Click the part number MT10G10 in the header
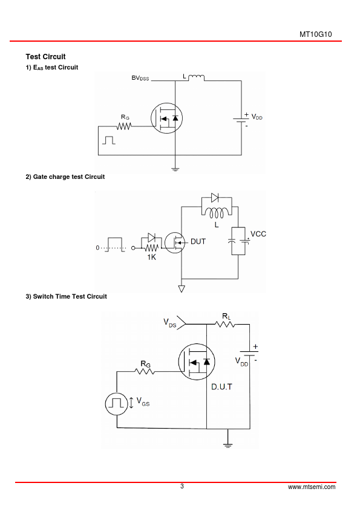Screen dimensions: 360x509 (x=315, y=34)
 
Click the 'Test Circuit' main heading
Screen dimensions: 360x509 (x=45, y=57)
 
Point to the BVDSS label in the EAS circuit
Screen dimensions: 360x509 (x=140, y=78)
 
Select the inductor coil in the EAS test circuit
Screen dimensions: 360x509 (x=197, y=77)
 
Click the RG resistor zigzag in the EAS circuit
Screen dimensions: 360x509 (x=124, y=126)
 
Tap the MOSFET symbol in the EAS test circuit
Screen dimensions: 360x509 (x=166, y=118)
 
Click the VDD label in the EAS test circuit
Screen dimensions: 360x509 (x=257, y=117)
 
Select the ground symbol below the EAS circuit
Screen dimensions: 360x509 (x=175, y=169)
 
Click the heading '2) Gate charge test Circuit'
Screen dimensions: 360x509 (x=65, y=177)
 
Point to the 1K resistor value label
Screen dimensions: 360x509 (x=151, y=257)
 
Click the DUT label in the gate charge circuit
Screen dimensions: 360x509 (x=198, y=242)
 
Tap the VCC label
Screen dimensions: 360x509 (x=258, y=234)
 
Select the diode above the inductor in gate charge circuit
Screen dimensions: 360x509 (x=215, y=197)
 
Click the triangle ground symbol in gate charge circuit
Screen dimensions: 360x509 (x=182, y=288)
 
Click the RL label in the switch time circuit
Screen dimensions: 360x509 (x=226, y=316)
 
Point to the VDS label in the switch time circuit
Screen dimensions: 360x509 (x=169, y=323)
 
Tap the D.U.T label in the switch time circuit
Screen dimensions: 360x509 (x=221, y=387)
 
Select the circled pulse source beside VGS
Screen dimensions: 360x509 (x=117, y=403)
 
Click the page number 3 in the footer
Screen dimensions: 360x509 (x=182, y=486)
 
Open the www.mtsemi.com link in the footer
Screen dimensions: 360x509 (x=312, y=487)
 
